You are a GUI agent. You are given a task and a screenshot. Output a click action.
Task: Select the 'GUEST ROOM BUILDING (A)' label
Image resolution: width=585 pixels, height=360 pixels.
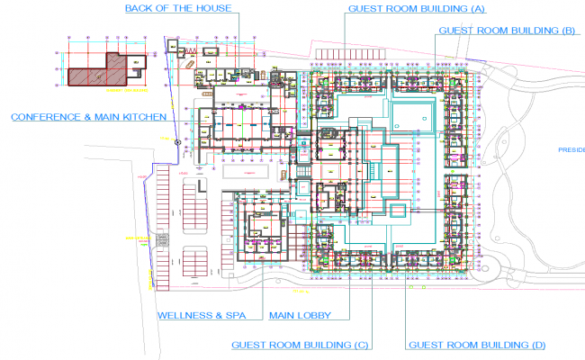(415, 8)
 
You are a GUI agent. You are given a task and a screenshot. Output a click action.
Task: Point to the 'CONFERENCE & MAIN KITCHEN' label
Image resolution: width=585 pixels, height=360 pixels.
(87, 117)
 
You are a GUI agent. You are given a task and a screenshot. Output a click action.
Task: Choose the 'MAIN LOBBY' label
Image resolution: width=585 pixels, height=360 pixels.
(300, 316)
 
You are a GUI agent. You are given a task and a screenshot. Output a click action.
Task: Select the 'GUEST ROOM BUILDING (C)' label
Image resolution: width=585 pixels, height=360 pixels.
(301, 345)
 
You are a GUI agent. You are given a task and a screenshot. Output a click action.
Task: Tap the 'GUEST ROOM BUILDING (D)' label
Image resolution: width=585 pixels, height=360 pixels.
(476, 345)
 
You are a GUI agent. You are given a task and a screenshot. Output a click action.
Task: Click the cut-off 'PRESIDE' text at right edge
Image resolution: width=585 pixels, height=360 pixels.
(571, 150)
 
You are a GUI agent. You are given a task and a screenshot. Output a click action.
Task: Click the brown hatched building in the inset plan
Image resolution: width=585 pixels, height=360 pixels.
(90, 74)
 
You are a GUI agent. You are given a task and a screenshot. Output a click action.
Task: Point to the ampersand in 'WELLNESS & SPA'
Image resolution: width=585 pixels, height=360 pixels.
(216, 316)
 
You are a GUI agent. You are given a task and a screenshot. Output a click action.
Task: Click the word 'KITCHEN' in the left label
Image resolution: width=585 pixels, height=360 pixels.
(140, 117)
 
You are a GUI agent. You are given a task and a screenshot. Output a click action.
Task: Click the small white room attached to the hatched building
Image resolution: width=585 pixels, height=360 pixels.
(136, 62)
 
